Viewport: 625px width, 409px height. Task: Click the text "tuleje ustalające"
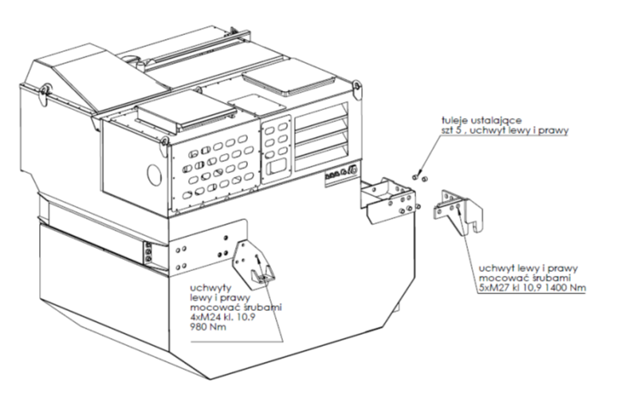tap(482, 120)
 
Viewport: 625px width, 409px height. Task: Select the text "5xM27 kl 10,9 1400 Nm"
tap(532, 288)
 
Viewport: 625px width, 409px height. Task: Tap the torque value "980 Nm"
tap(208, 327)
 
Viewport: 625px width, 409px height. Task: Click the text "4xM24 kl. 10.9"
tap(223, 317)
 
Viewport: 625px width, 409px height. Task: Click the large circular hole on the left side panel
tap(154, 174)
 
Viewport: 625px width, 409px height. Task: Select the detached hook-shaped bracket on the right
tap(458, 212)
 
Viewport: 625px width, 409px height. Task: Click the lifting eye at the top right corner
tap(357, 89)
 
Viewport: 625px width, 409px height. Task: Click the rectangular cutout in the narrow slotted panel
tap(277, 166)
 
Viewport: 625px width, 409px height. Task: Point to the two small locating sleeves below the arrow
tap(419, 177)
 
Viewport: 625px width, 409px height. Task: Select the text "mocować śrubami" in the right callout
tap(525, 277)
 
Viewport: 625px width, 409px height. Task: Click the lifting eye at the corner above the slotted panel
tap(163, 147)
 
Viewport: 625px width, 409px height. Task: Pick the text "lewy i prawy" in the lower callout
tap(220, 298)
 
